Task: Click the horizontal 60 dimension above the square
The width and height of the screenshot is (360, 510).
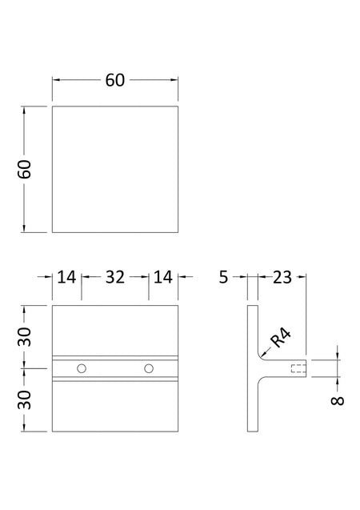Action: (x=114, y=80)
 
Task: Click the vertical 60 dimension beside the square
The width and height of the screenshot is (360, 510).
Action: (x=24, y=169)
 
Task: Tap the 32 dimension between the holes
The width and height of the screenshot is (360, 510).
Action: (x=115, y=277)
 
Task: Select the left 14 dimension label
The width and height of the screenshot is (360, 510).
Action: (x=66, y=277)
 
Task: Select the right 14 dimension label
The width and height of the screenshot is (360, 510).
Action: (x=162, y=277)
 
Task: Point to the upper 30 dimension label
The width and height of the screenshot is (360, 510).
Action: (x=24, y=337)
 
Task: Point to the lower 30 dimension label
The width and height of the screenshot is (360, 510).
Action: (x=24, y=400)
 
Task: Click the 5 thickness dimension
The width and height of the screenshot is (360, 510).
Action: (x=223, y=277)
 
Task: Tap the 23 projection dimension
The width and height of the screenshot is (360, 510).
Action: (x=282, y=277)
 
